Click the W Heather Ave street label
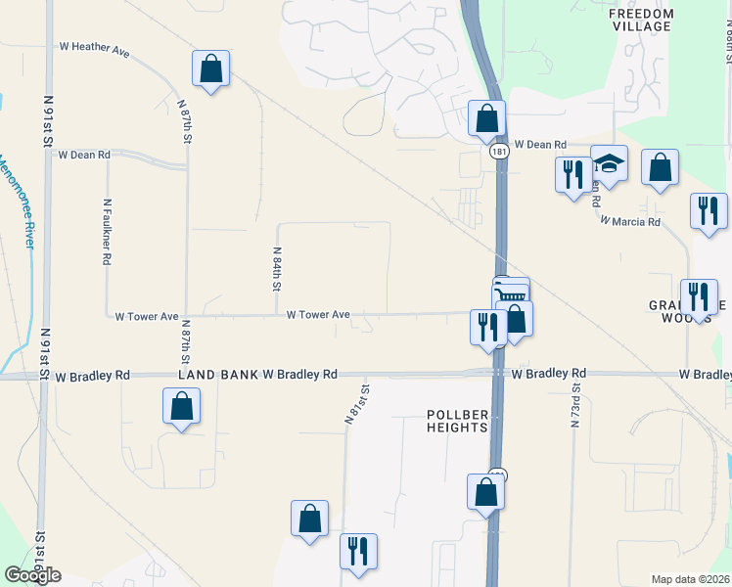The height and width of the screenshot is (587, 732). click(95, 46)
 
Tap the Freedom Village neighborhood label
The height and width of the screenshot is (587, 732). click(641, 20)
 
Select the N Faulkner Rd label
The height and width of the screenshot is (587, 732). click(107, 233)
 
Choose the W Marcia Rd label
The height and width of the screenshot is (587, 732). click(630, 222)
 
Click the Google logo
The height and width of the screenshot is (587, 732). click(32, 575)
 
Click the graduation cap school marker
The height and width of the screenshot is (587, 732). click(609, 163)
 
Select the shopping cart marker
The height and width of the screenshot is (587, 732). click(511, 293)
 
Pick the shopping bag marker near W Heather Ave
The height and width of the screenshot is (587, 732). click(210, 68)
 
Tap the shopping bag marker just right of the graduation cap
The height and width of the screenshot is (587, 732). click(661, 167)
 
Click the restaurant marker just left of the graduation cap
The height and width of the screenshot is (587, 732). click(572, 175)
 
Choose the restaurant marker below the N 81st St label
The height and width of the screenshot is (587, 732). click(358, 551)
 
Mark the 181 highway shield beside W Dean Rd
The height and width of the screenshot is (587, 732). click(499, 153)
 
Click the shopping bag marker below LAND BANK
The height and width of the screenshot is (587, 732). click(181, 406)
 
